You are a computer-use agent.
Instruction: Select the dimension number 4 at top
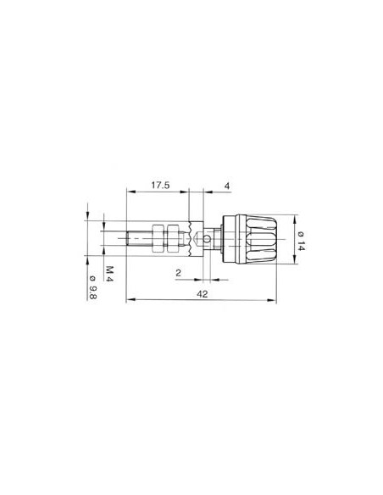point(226,185)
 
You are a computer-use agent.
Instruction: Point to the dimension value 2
point(179,272)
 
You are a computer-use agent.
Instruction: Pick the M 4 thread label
point(109,272)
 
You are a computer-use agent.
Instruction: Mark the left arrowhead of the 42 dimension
point(127,299)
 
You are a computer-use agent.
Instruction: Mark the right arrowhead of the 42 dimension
point(279,299)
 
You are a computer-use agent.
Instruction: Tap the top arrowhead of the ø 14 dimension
point(291,214)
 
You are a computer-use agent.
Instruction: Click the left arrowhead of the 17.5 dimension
point(127,192)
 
